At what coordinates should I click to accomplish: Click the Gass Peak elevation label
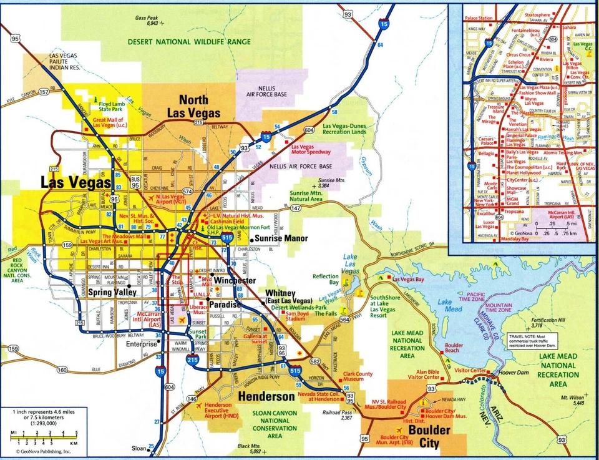147,20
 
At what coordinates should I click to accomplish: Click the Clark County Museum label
358,375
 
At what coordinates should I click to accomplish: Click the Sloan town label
138,448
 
